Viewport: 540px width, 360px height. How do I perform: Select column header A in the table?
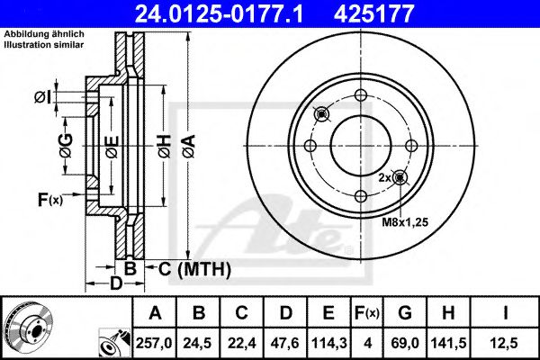(x=155, y=313)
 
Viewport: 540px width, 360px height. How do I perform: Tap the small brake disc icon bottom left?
(x=27, y=327)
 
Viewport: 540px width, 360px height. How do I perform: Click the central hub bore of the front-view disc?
(x=360, y=147)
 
